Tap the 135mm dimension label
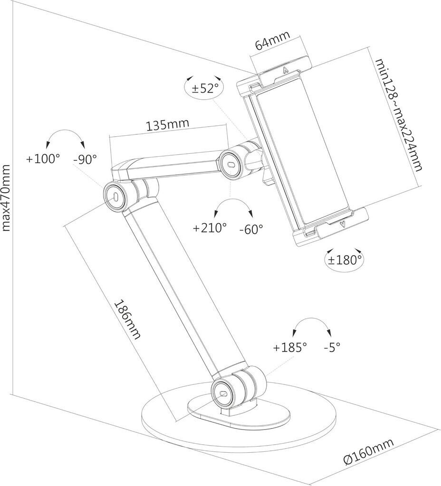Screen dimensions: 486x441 pos(167,125)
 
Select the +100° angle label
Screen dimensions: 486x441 pos(43,159)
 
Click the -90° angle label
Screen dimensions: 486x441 pos(85,159)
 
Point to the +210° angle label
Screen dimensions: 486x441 pos(210,228)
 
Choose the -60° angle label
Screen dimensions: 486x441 pos(251,229)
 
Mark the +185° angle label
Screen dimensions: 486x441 pos(290,347)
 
